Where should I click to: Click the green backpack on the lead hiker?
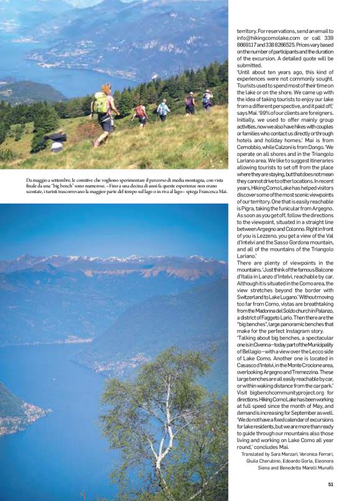click(x=101, y=103)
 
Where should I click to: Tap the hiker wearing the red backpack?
click(x=141, y=112)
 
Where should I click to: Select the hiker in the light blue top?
click(x=163, y=109)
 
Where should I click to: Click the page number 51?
click(x=331, y=485)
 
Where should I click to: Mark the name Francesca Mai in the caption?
click(x=208, y=192)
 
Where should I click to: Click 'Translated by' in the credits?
click(x=261, y=454)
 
